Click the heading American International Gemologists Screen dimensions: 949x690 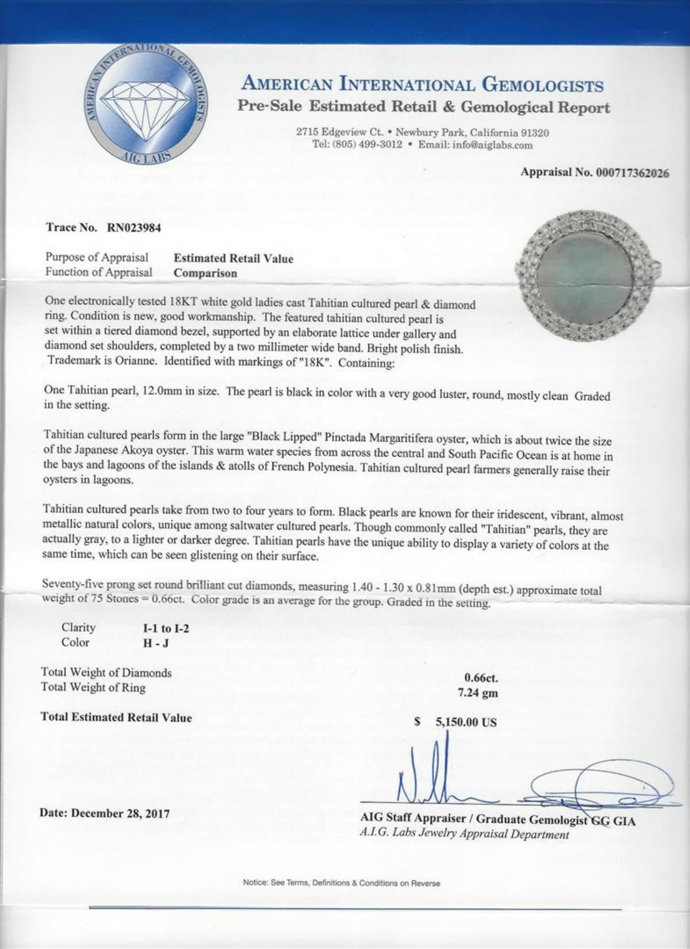(x=423, y=85)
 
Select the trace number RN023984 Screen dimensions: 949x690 (x=133, y=228)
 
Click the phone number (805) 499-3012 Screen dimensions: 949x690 (x=366, y=145)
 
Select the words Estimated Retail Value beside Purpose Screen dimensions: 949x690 (x=233, y=259)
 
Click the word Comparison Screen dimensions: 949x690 (x=205, y=274)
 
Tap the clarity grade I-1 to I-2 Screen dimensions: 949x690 (x=166, y=628)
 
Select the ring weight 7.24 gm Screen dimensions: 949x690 (x=477, y=693)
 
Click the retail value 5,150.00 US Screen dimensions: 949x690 (x=466, y=723)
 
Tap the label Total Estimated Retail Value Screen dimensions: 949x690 (x=117, y=717)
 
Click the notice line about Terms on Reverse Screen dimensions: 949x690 (x=342, y=883)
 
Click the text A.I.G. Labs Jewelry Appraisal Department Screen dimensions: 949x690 (x=465, y=835)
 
